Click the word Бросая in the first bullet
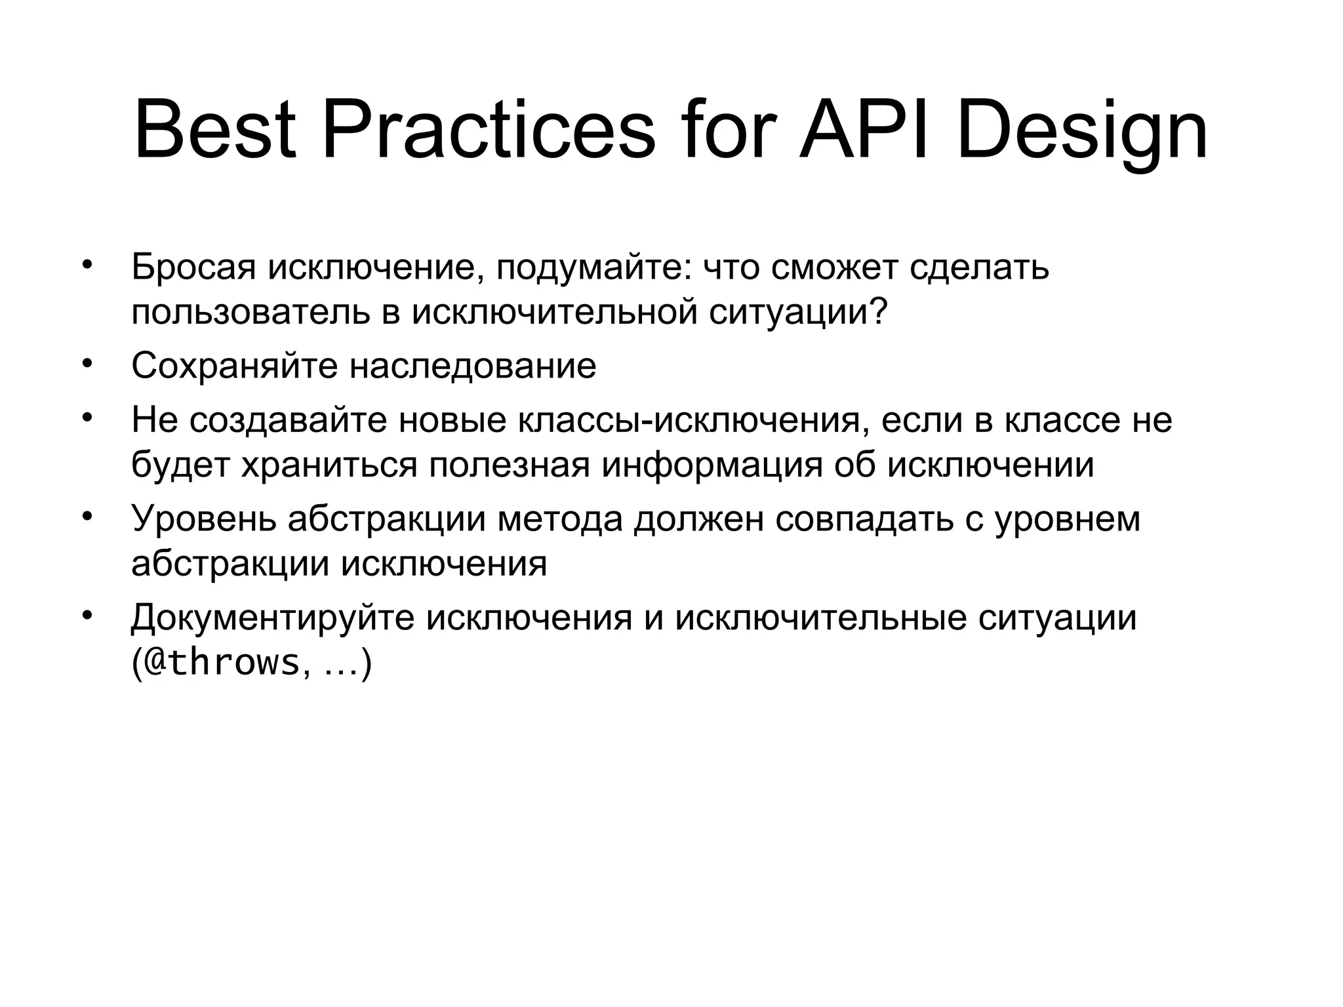[x=193, y=267]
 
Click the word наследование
[x=472, y=366]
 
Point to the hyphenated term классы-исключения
[x=688, y=420]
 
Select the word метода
[x=560, y=519]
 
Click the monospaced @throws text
[x=222, y=663]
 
